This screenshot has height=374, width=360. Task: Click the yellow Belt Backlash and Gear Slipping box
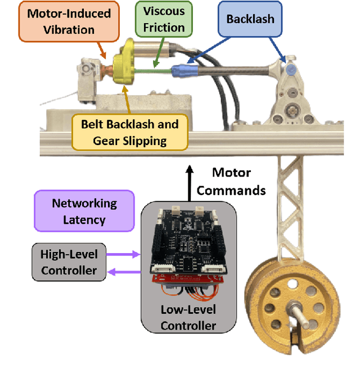coord(129,132)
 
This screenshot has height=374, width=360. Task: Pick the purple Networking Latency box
coord(84,211)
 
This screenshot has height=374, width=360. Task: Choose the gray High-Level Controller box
coord(69,262)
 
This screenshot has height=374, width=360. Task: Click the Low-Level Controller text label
coord(188,317)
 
